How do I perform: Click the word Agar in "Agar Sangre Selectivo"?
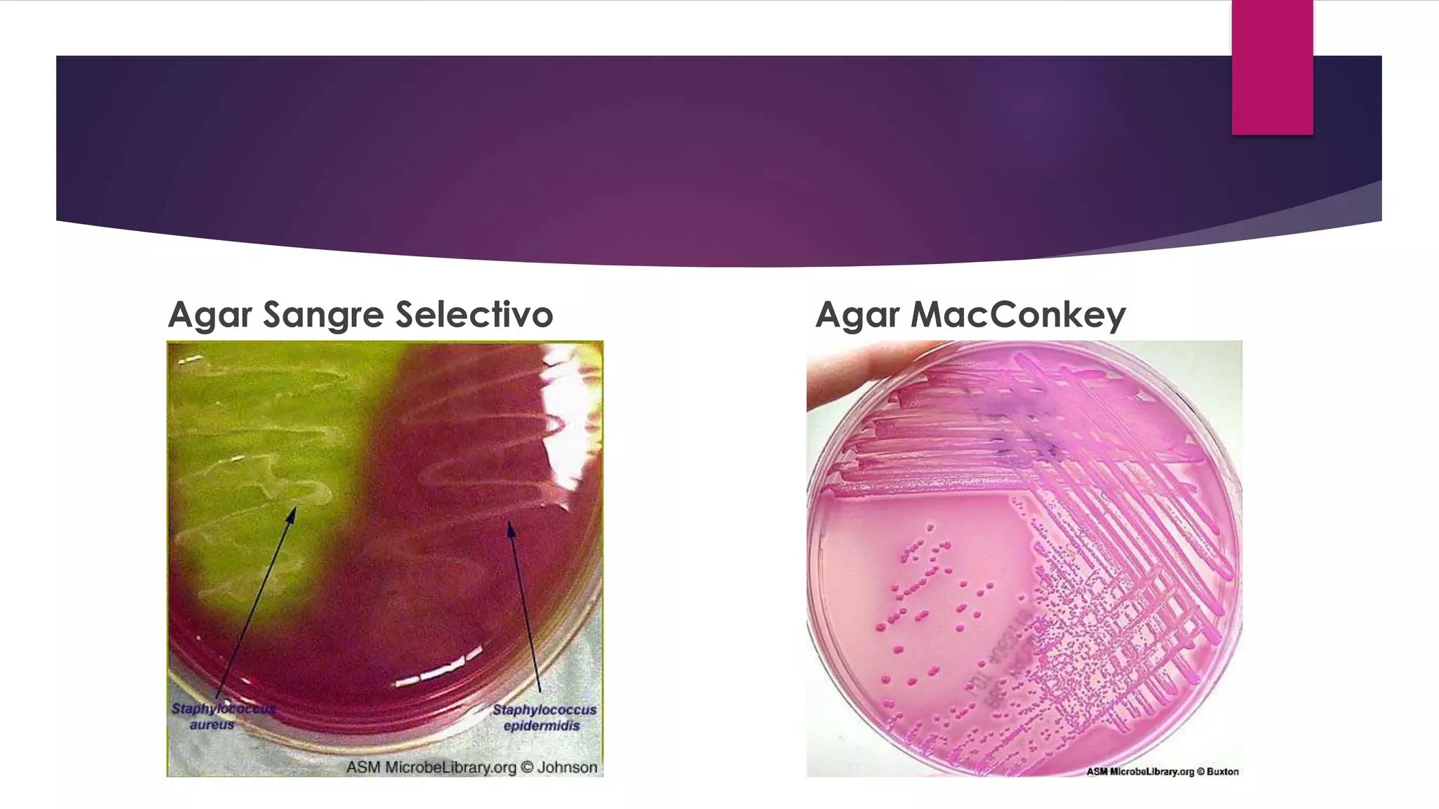(209, 315)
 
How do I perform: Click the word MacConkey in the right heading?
(1018, 315)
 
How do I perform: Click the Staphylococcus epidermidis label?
(544, 717)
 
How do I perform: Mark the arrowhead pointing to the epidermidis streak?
(511, 528)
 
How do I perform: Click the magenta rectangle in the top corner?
(1272, 67)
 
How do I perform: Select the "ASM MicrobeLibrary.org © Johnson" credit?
(471, 768)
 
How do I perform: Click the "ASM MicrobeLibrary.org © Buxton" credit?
(1162, 771)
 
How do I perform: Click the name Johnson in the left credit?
(567, 768)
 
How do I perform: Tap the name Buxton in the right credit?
(1223, 771)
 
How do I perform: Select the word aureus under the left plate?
(211, 725)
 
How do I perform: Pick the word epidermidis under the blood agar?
(542, 725)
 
